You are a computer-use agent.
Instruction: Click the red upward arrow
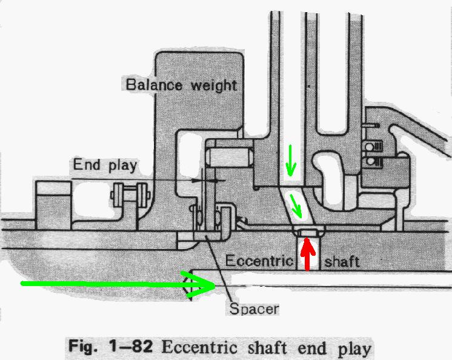(308, 254)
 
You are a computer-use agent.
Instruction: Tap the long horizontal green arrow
(118, 284)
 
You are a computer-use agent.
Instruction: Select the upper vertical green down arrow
(291, 160)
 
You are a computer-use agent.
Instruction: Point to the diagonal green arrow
(296, 206)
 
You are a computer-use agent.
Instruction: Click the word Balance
(155, 85)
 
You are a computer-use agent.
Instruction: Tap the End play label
(105, 165)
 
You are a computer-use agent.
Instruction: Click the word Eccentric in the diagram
(259, 261)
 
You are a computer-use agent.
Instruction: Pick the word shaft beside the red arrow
(342, 262)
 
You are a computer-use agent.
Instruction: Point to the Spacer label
(254, 309)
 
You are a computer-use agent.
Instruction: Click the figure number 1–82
(131, 346)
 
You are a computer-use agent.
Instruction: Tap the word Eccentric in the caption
(199, 347)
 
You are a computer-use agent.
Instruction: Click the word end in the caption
(312, 348)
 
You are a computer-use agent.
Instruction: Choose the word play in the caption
(354, 349)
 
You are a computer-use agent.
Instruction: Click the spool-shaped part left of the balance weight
(130, 195)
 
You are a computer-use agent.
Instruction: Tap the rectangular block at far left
(53, 205)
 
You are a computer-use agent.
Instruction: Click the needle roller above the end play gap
(230, 157)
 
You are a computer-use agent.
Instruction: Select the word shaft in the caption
(267, 348)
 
